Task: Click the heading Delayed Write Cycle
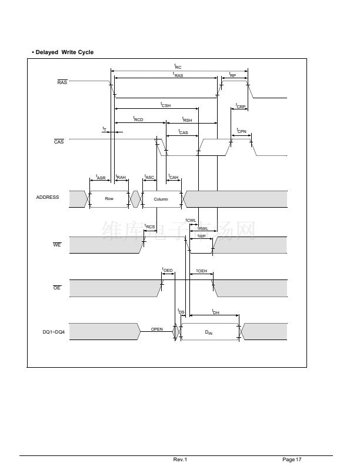tap(63, 52)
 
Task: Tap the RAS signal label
tap(62, 82)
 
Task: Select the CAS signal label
tap(59, 142)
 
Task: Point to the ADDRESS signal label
tap(48, 198)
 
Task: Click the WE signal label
tap(57, 245)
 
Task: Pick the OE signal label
tap(57, 288)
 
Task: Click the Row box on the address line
tap(109, 199)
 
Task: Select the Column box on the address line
tap(161, 199)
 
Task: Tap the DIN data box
tap(209, 332)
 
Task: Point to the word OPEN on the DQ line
tap(157, 329)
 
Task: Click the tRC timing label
tap(178, 67)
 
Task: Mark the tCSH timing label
tap(165, 105)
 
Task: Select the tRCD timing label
tap(138, 119)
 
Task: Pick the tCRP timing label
tap(240, 106)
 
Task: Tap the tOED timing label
tap(167, 270)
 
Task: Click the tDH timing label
tap(215, 312)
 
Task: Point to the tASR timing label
tap(101, 177)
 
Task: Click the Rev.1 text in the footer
tap(180, 459)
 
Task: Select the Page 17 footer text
tap(292, 459)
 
